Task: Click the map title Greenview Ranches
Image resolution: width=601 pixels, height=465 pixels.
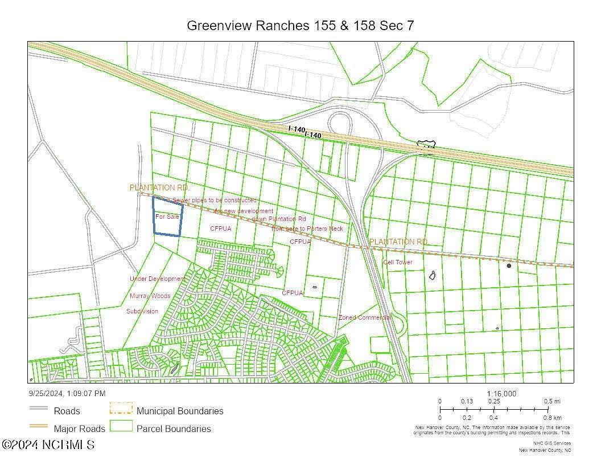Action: [300, 26]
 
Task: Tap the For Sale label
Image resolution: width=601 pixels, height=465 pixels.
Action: [167, 217]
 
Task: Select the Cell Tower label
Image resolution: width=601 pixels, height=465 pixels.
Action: [397, 262]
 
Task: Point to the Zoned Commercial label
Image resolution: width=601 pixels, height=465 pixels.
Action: [364, 317]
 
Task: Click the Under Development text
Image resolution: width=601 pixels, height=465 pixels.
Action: [158, 279]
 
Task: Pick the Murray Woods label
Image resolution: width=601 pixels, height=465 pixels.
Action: [150, 296]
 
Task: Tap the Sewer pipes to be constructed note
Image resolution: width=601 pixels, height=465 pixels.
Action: [214, 201]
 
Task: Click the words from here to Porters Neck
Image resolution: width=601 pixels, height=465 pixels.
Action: [307, 229]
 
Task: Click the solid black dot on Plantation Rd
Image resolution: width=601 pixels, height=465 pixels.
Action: [509, 266]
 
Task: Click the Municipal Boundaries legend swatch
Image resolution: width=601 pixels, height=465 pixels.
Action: [121, 409]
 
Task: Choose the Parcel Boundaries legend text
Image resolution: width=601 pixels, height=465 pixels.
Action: [174, 429]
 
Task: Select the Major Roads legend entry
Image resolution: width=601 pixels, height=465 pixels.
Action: [79, 429]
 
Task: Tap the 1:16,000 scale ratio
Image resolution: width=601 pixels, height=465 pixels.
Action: [501, 394]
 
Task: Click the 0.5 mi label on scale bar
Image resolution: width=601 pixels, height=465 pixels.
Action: [552, 401]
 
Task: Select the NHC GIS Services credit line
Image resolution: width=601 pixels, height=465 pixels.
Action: [551, 443]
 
